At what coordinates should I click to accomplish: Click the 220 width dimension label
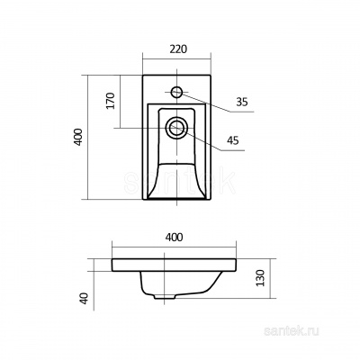click(x=178, y=49)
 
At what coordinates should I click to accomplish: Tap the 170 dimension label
click(x=111, y=101)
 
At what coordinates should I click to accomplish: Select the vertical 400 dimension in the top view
click(x=78, y=137)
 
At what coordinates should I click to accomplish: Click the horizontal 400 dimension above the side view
click(x=174, y=238)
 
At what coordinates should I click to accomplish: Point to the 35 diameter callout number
click(x=242, y=103)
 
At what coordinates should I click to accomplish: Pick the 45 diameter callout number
click(x=233, y=140)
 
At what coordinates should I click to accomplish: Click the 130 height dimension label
click(x=261, y=278)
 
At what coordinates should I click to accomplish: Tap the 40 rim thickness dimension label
click(x=85, y=299)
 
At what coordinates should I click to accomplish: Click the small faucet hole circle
click(x=176, y=92)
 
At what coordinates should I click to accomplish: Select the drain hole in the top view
click(x=176, y=128)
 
